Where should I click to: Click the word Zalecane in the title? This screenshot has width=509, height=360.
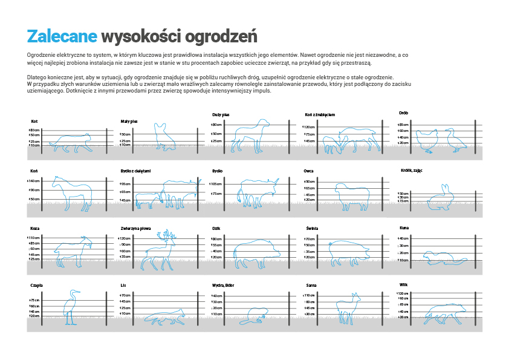coord(62,36)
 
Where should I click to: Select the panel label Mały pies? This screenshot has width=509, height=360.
coord(129,122)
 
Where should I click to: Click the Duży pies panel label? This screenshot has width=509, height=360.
coord(220,114)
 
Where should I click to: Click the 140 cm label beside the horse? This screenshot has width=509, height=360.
coord(33,181)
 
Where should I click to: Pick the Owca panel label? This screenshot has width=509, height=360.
coord(308,171)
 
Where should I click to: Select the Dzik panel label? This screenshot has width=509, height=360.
coord(216,229)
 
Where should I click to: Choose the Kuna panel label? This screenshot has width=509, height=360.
coord(404,227)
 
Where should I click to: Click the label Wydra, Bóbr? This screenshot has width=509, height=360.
coord(221,285)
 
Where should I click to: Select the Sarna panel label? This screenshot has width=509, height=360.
coord(311,285)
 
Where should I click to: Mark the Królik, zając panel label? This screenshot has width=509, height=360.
coord(411,171)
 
